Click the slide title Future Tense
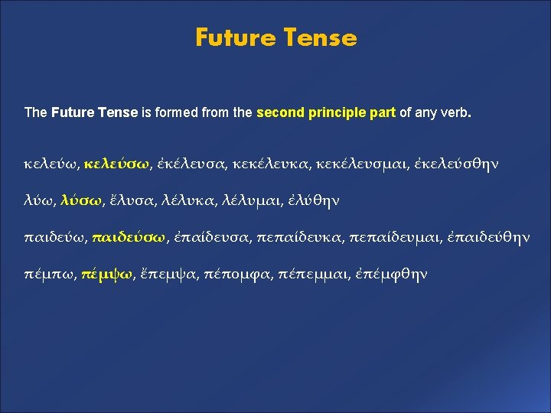coord(275,37)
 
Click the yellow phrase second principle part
coord(326,112)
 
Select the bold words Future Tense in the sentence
coord(94,112)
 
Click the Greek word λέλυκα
coord(189,200)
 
